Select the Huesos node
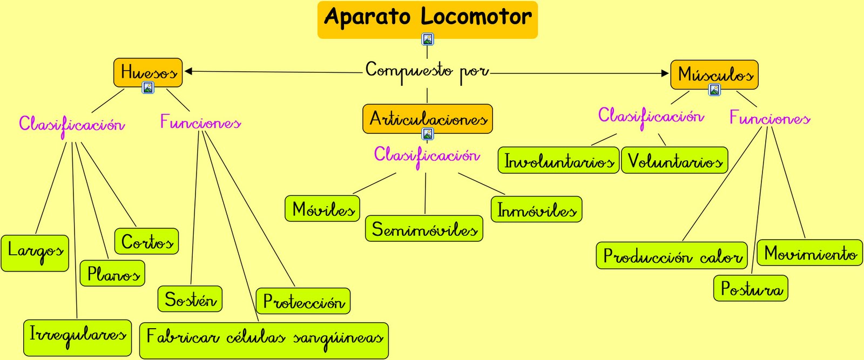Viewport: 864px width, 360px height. pyautogui.click(x=148, y=72)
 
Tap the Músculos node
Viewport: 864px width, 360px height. pyautogui.click(x=714, y=74)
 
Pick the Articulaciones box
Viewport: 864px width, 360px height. pyautogui.click(x=428, y=118)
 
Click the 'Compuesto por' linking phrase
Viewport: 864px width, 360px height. pyautogui.click(x=427, y=71)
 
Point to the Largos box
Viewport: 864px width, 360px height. pyautogui.click(x=35, y=253)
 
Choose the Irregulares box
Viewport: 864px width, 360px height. pyautogui.click(x=78, y=337)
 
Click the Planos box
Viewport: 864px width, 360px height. pyautogui.click(x=112, y=273)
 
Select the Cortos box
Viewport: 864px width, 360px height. pyautogui.click(x=146, y=241)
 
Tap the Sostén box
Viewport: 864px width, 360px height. pyautogui.click(x=190, y=299)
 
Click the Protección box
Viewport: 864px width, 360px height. pyautogui.click(x=303, y=301)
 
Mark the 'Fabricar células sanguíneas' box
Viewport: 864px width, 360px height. pyautogui.click(x=264, y=340)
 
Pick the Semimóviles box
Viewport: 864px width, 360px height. pyautogui.click(x=424, y=228)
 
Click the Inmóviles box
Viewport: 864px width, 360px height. pyautogui.click(x=536, y=209)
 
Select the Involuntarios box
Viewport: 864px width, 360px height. pyautogui.click(x=558, y=160)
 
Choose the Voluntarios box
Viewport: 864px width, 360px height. pyautogui.click(x=674, y=160)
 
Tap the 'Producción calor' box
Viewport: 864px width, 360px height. pyautogui.click(x=672, y=255)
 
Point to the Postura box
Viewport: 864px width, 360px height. pyautogui.click(x=751, y=288)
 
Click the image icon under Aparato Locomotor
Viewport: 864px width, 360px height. pyautogui.click(x=428, y=39)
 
